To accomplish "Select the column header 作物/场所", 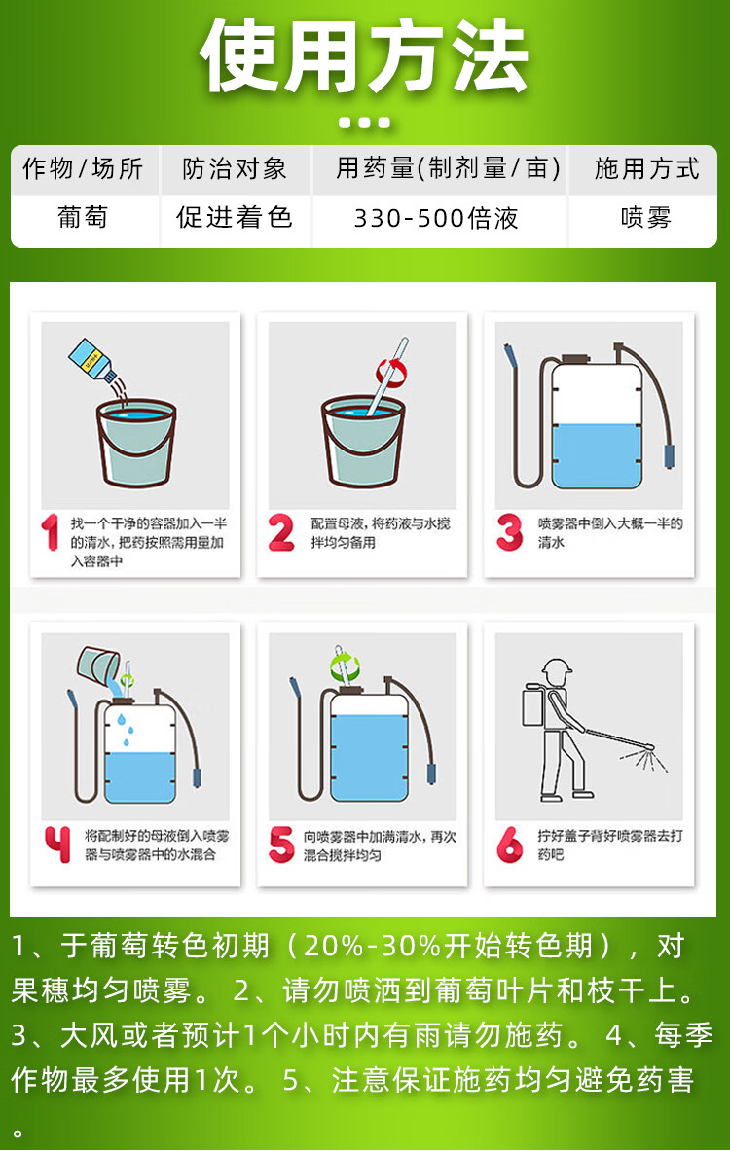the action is coord(83,169).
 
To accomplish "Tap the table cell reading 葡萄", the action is coord(83,218).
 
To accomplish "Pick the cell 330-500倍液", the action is coord(436,218).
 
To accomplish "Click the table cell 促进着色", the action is coord(235,218).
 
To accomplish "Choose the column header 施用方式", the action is coord(646,169).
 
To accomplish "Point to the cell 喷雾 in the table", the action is coord(645,218).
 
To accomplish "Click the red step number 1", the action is coord(50,532).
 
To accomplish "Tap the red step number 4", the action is coord(56,845).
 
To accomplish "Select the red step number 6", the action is coord(510,845).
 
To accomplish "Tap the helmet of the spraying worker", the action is coord(556,668).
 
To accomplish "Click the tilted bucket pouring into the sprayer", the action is coord(98,665).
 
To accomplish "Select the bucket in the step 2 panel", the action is coord(363,442).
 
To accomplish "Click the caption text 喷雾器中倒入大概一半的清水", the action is coord(610,533).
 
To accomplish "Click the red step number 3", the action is coord(510,532).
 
